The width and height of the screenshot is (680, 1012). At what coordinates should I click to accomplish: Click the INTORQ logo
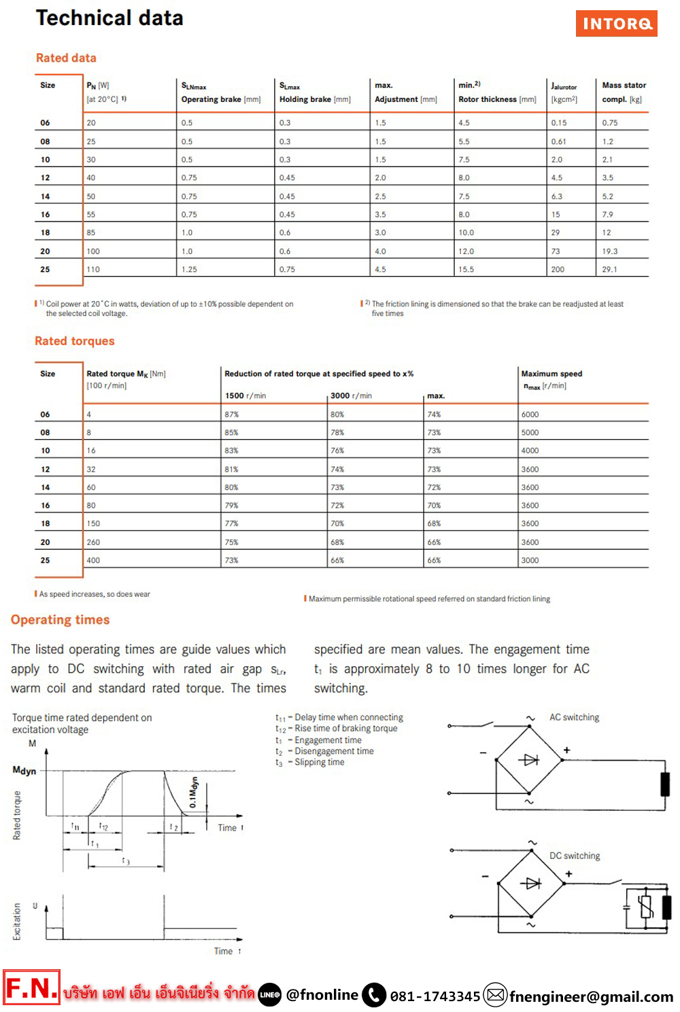point(616,24)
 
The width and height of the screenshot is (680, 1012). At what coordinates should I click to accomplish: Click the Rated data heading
point(66,58)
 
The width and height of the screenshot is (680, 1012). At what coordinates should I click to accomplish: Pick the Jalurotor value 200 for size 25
point(558,270)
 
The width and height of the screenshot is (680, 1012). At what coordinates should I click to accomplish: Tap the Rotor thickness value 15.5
point(466,270)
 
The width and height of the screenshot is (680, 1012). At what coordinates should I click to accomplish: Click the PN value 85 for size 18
point(91,232)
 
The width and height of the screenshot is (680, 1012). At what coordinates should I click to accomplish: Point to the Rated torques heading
point(75,341)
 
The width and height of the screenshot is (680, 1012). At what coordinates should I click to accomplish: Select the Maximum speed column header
point(551,374)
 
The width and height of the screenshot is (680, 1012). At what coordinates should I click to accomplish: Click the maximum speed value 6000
point(530,415)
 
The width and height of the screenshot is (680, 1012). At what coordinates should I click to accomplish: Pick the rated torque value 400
point(93,561)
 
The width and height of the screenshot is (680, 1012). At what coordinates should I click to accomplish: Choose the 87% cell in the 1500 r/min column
point(232,415)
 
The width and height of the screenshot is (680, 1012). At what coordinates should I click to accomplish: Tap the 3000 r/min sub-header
point(351,396)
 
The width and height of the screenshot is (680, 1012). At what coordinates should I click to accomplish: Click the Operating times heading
point(60,620)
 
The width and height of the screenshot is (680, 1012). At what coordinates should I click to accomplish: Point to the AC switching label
point(574,718)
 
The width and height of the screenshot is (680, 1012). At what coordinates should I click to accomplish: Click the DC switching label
point(575,856)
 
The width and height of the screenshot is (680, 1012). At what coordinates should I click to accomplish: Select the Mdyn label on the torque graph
point(24,771)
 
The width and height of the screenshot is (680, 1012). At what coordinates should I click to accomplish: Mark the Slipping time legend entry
point(319,763)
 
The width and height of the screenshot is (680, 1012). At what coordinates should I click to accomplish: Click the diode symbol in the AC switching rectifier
point(530,760)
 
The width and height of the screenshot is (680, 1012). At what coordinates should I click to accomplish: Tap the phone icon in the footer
point(374,996)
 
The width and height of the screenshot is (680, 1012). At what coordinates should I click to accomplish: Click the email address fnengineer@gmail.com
point(591,997)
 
